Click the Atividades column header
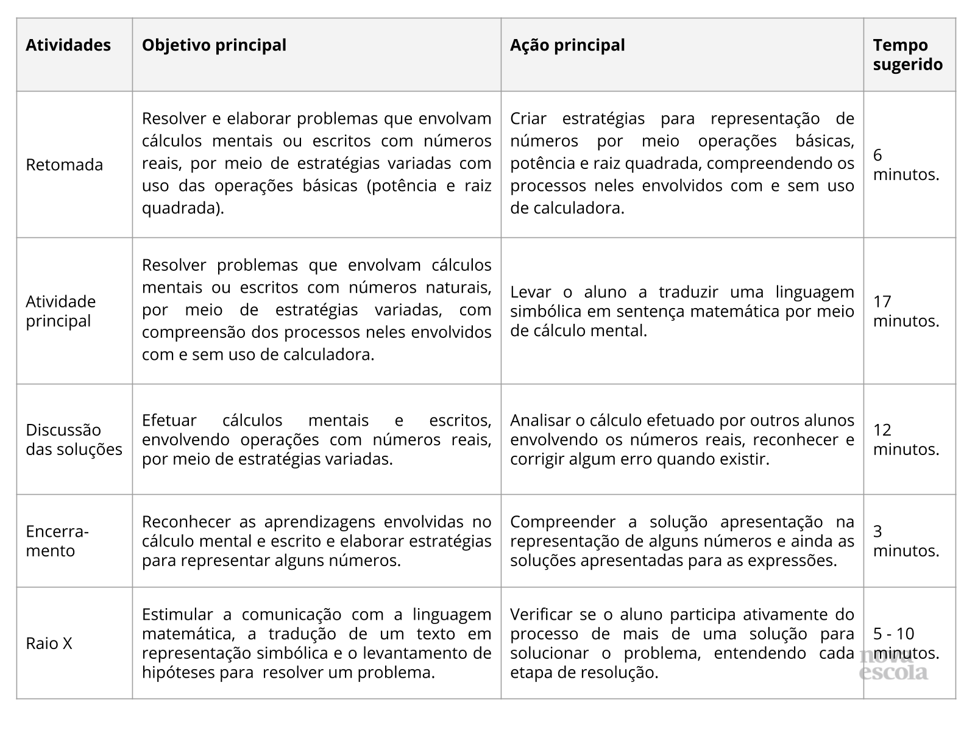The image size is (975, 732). tap(68, 46)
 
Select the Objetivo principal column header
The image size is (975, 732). tap(214, 46)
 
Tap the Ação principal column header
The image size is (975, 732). tap(567, 46)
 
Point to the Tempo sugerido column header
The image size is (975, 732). tap(907, 55)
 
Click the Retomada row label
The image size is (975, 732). tap(65, 165)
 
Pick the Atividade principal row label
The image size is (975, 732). tap(61, 311)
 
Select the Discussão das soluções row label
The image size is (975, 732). tap(74, 440)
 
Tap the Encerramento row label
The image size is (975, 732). tap(57, 541)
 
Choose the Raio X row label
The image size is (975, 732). tap(49, 644)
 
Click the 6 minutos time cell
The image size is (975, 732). tap(906, 165)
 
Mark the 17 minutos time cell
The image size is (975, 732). tap(906, 311)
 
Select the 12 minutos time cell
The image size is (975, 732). tap(906, 440)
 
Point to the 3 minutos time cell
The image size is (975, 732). tap(906, 541)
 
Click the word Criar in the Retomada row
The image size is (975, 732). tap(528, 118)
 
